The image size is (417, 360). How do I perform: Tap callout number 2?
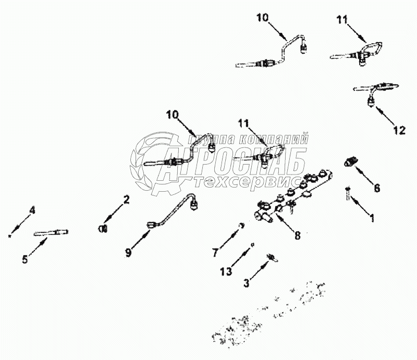click(126, 198)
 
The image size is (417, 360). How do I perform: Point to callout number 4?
click(32, 211)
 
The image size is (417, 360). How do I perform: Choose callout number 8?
click(297, 235)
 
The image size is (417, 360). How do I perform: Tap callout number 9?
click(128, 254)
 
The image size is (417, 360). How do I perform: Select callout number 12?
click(399, 131)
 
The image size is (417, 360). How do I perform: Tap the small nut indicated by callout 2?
click(103, 228)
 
